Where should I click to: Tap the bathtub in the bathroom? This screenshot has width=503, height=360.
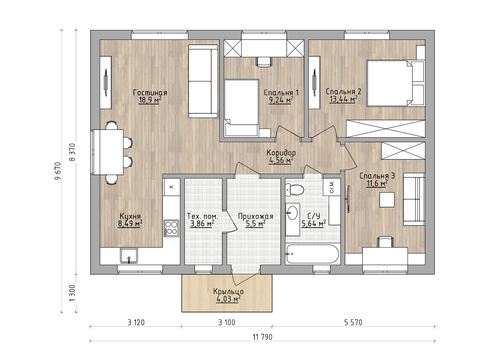[312, 254]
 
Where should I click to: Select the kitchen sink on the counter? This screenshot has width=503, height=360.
[129, 255]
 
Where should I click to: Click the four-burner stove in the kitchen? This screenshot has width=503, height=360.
[171, 228]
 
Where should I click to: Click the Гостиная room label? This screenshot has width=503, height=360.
[150, 93]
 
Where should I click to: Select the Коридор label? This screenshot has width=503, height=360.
[281, 153]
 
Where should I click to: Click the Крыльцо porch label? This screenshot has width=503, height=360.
[228, 291]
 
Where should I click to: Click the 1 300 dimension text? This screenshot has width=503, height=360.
[72, 294]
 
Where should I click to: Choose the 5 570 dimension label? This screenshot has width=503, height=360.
[353, 323]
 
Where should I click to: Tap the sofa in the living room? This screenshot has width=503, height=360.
[203, 81]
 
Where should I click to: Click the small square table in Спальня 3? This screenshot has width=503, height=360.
[387, 200]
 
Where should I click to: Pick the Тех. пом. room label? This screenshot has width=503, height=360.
[202, 216]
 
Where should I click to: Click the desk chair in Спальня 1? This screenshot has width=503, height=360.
[264, 62]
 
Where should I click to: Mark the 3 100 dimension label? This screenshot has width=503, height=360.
[227, 323]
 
